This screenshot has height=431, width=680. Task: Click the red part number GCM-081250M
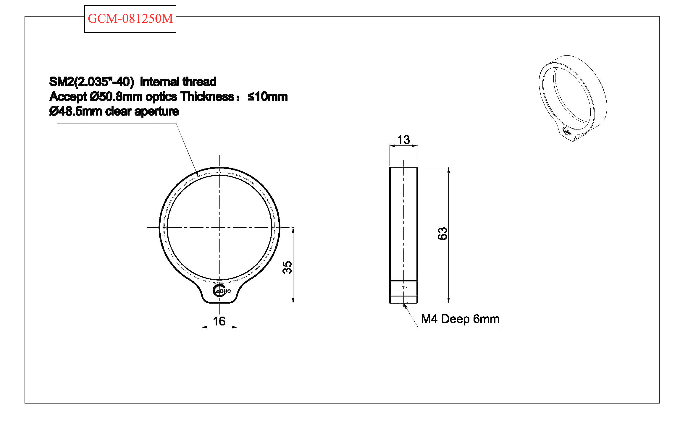click(130, 19)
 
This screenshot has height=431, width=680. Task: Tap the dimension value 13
click(404, 140)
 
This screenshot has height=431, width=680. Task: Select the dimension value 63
click(442, 234)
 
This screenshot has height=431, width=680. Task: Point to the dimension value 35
click(287, 267)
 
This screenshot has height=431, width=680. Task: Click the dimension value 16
click(219, 321)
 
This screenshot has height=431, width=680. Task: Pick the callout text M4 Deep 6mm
click(460, 319)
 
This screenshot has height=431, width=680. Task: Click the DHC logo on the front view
click(222, 291)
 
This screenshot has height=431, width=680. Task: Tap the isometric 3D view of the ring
click(573, 98)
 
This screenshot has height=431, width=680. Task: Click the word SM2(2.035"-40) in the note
click(92, 82)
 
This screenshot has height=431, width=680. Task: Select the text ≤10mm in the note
click(267, 97)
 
